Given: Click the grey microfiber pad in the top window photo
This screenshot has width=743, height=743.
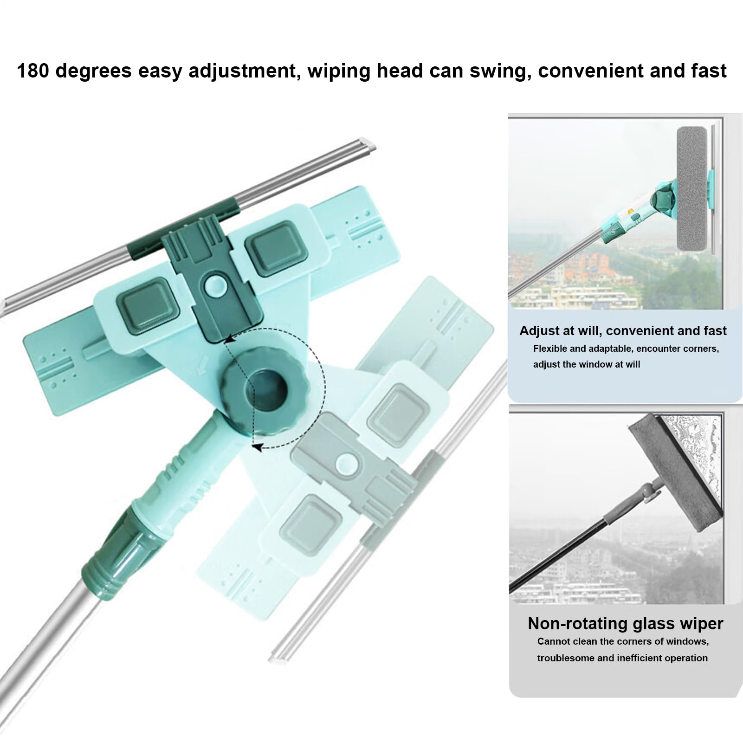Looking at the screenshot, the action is pyautogui.click(x=692, y=189).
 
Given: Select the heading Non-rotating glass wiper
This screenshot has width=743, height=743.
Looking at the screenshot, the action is pyautogui.click(x=625, y=623).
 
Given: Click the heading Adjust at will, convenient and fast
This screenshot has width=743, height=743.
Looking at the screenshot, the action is pyautogui.click(x=623, y=330).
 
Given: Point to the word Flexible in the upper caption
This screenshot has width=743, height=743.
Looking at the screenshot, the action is pyautogui.click(x=550, y=349).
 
